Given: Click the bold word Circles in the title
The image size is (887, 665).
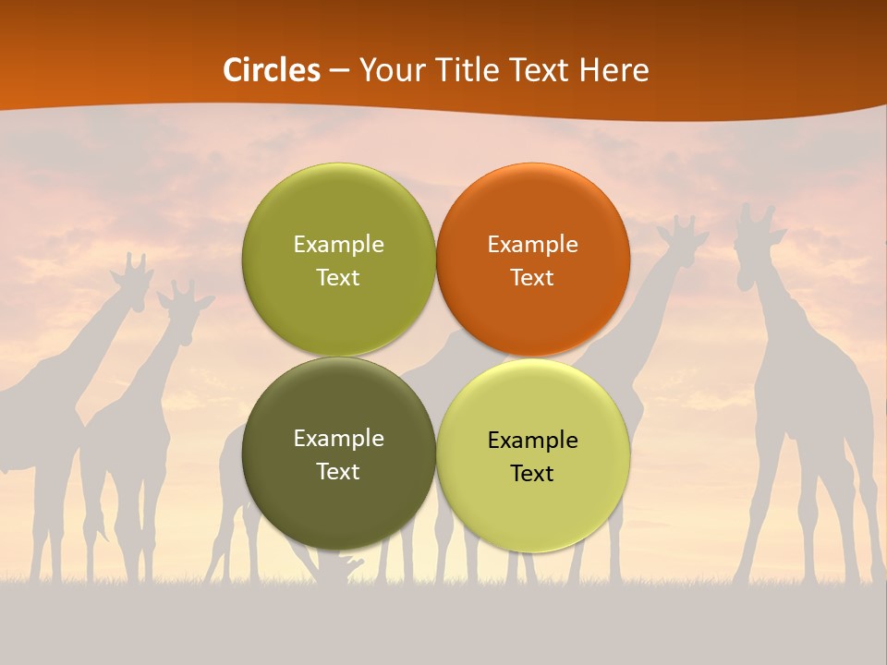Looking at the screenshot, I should pos(272,70).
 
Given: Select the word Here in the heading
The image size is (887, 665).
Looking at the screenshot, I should pos(615,70).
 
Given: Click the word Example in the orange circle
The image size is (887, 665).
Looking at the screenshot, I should pos(533,245).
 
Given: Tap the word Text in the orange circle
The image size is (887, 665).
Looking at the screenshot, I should pos(533,278).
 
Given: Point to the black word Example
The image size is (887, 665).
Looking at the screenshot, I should pos(533,441).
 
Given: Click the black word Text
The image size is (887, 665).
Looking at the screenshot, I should pos(532,474).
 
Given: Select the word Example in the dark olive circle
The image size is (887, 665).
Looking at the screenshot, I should pos(338,439).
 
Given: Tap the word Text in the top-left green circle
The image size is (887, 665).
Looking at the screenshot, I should pos(338,278).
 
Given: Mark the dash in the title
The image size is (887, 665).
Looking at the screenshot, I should pos(339,71).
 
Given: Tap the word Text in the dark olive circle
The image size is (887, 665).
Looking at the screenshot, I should pos(338,472).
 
